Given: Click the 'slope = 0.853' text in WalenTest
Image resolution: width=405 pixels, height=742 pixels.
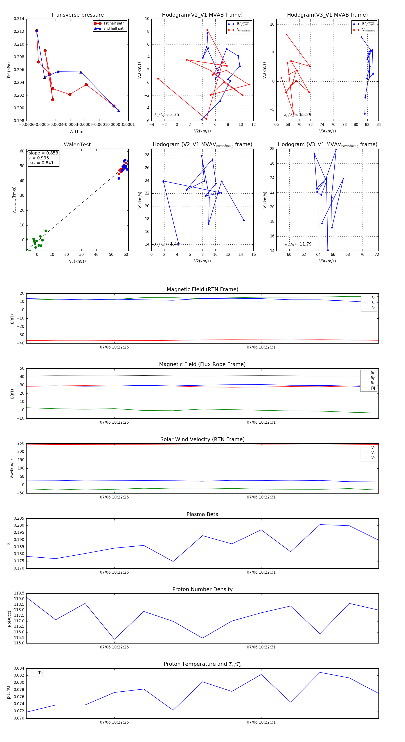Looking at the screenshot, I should (43, 153).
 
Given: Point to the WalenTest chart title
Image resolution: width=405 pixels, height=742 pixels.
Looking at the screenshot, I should (77, 145).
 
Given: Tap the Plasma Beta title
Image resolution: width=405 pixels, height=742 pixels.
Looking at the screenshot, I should (202, 514).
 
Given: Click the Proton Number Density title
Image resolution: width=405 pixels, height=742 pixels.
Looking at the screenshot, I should (202, 589).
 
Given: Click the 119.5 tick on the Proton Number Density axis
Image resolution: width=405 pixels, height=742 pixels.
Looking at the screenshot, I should (19, 593).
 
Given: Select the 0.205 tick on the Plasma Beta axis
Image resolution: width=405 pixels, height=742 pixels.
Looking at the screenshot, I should (19, 518).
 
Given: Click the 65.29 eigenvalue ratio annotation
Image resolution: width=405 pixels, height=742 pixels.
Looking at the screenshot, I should (305, 115).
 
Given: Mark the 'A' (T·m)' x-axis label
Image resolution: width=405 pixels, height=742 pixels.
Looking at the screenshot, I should (77, 132).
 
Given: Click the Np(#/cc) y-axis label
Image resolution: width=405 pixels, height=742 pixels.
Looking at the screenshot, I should (9, 618).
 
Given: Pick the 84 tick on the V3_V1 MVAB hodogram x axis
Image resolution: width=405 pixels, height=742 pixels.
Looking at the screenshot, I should (378, 125).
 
